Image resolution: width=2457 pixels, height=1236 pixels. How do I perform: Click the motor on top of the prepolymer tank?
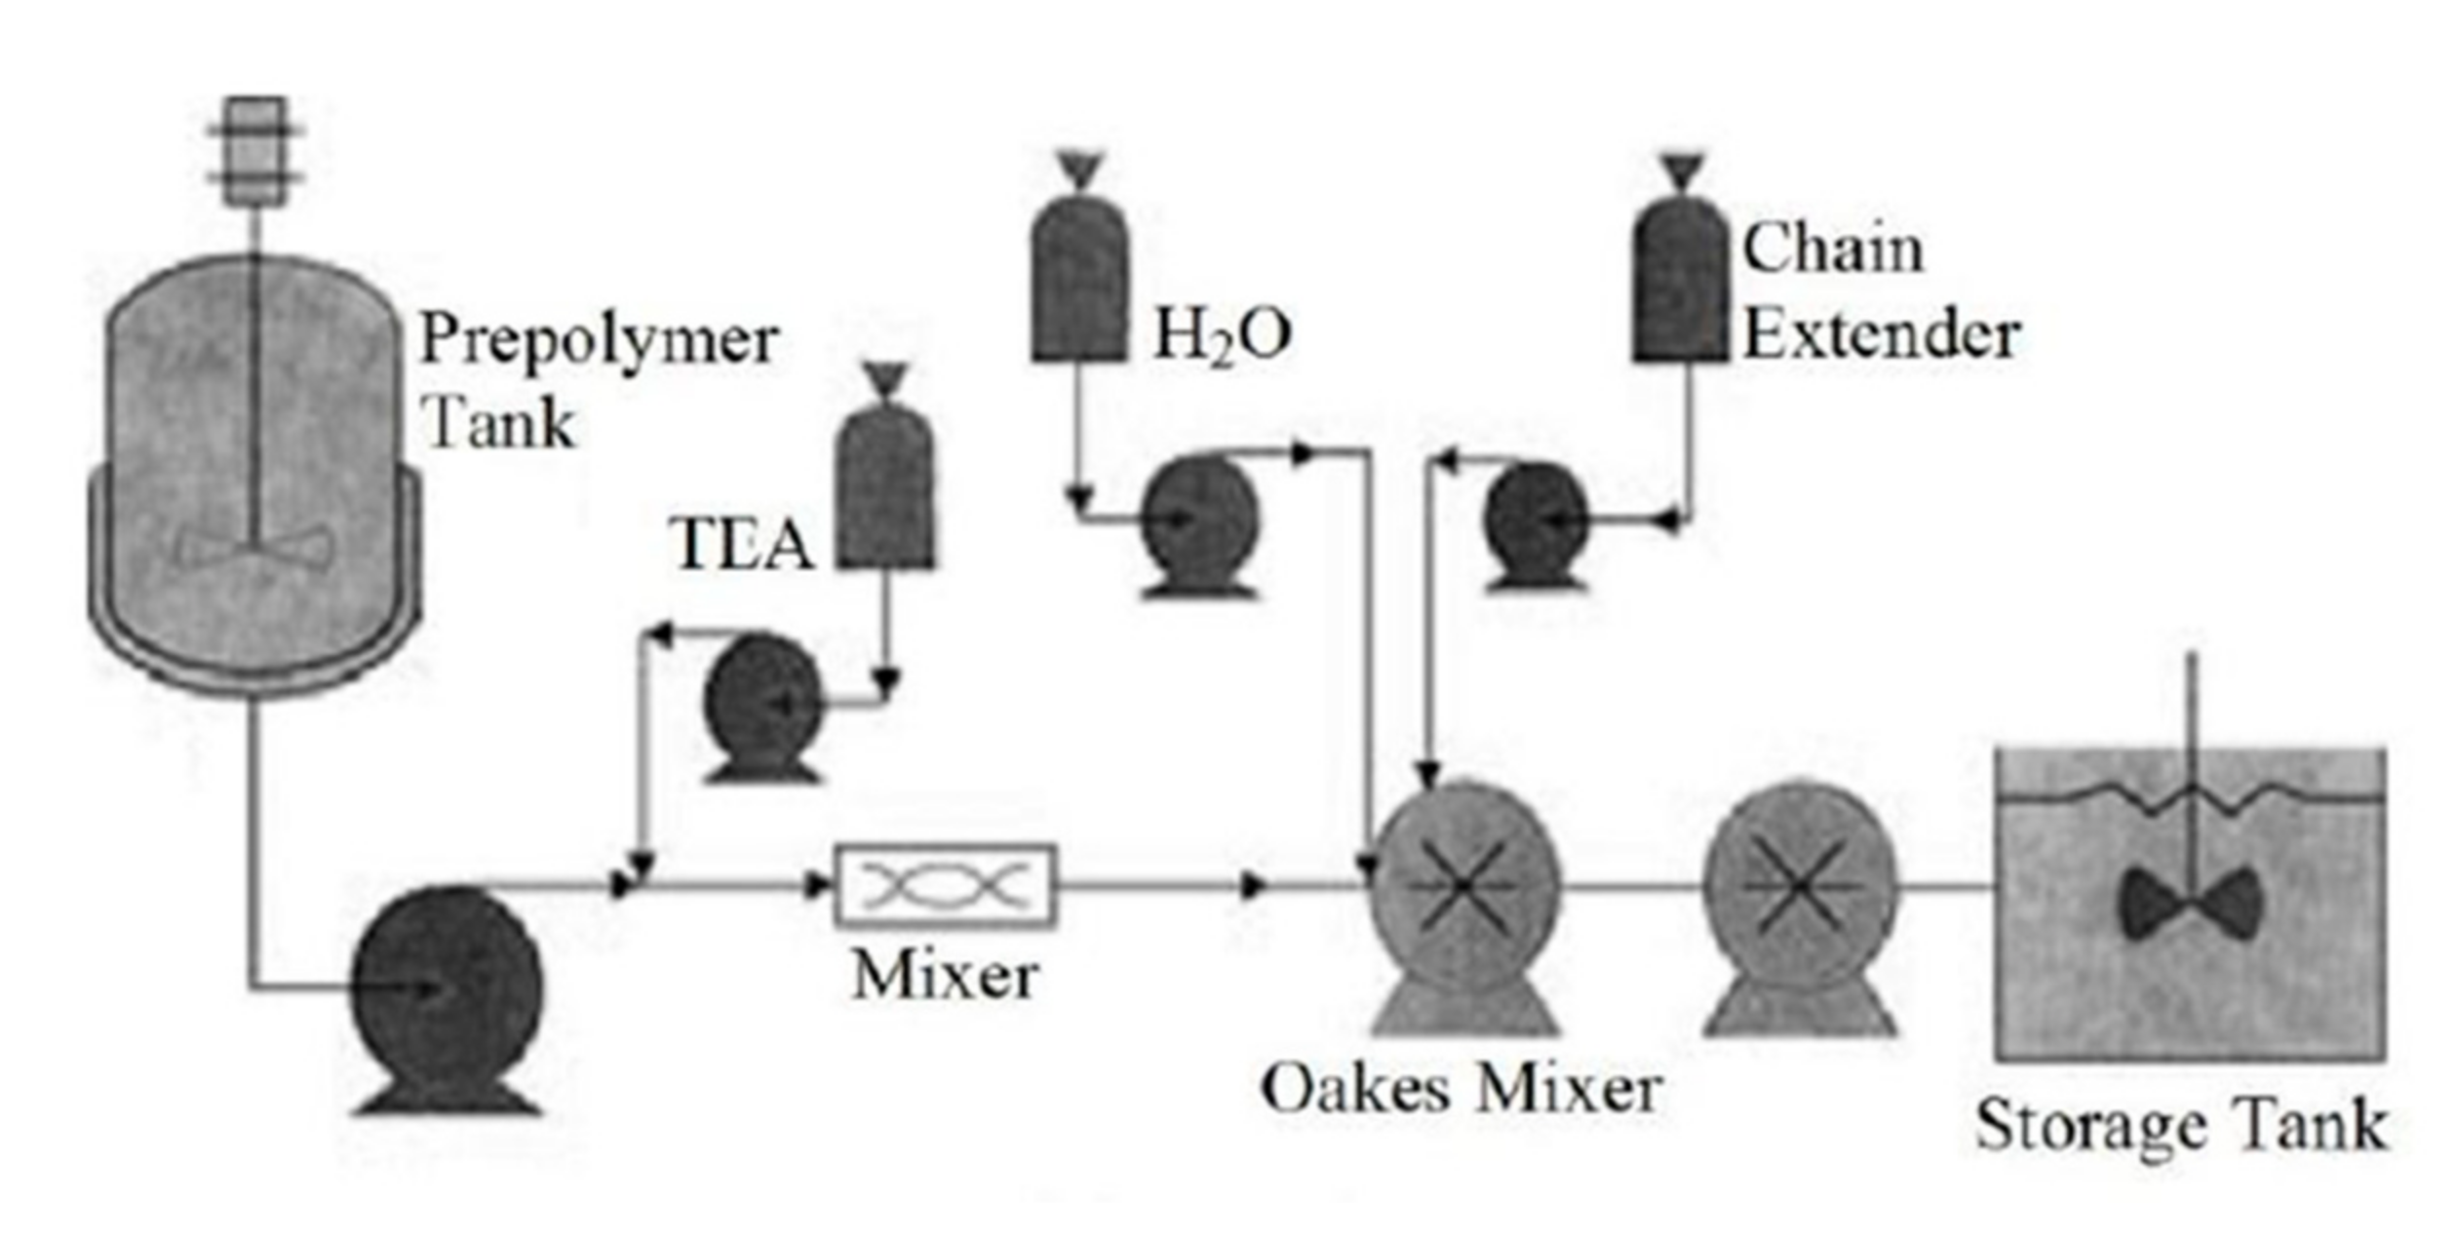coord(255,151)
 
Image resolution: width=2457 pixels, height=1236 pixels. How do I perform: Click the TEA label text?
coord(741,544)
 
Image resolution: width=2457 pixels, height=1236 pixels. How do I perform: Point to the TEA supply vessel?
coord(885,487)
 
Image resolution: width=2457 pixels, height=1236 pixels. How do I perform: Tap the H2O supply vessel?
coord(1079,283)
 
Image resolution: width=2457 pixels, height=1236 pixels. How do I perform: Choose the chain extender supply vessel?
coord(1681,283)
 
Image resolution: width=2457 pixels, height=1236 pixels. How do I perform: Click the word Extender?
coord(1880,335)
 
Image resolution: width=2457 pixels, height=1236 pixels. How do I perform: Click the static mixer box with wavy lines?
coord(945,885)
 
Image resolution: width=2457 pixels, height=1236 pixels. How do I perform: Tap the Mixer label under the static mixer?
coord(945,975)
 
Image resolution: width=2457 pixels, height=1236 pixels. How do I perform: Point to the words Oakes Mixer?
coord(1461,1090)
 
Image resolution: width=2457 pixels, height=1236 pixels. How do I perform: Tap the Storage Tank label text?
coord(2182,1126)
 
